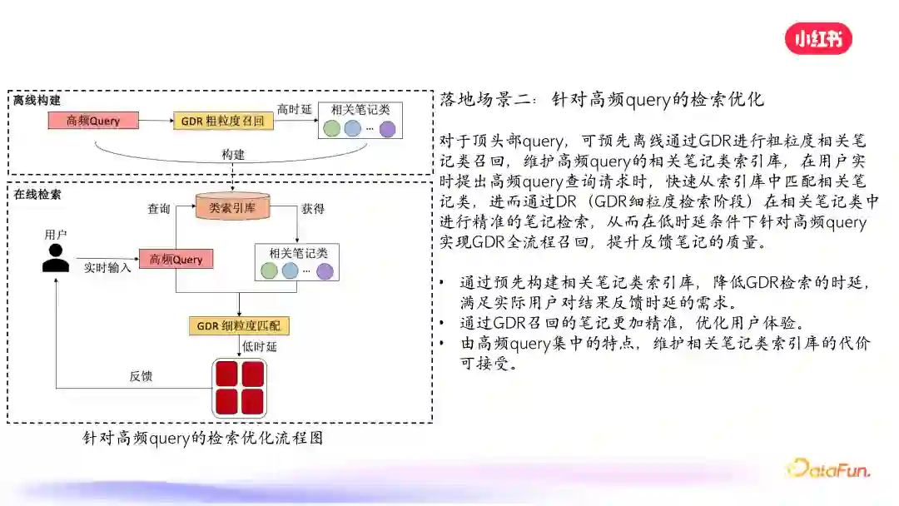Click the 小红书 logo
818,38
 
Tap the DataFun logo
828,469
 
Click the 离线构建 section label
37,100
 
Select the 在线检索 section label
37,194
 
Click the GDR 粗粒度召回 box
223,122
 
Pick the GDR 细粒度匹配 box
240,325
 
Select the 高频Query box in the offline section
93,122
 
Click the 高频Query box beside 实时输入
176,260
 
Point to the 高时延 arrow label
294,110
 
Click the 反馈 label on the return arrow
141,376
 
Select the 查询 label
159,209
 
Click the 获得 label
313,208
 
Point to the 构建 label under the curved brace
233,156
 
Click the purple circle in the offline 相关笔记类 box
387,129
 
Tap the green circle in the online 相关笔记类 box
269,270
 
